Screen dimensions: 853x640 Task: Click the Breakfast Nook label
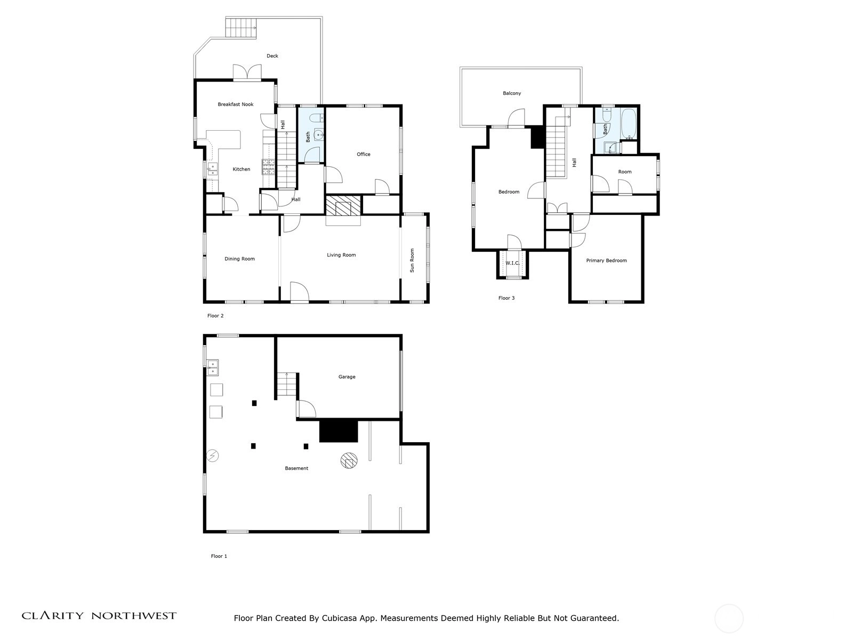pos(236,104)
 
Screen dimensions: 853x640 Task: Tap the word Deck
pos(272,56)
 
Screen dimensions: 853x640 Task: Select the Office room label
pos(364,154)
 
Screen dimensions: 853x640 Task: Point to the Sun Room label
pos(412,260)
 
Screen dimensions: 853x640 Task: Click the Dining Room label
pos(239,259)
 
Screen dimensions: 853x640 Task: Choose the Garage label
pos(347,377)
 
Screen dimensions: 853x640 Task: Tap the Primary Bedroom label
pos(606,261)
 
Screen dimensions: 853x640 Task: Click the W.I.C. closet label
pos(512,263)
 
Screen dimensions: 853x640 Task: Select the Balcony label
pos(511,93)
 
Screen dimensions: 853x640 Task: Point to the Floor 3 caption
pos(506,298)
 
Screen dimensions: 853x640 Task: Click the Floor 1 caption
pos(219,556)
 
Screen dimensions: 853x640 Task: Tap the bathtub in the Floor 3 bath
pos(629,124)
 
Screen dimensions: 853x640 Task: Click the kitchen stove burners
pos(268,167)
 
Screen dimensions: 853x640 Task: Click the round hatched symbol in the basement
pos(349,460)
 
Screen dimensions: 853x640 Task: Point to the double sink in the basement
pos(213,367)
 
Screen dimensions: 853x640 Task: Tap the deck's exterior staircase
pos(241,28)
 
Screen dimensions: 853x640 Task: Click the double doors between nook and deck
pos(247,73)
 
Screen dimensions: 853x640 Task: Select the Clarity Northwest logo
pos(99,615)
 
